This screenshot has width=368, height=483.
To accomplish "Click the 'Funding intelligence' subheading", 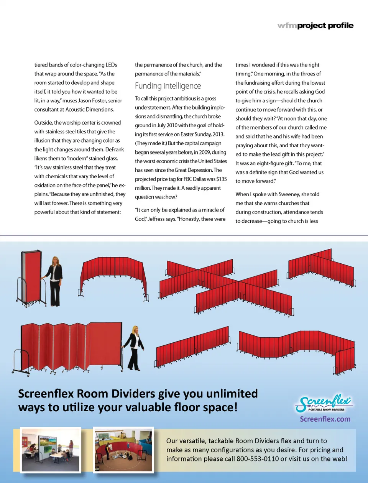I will click(x=168, y=86).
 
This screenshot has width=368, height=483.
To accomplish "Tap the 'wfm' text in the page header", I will click(x=287, y=26).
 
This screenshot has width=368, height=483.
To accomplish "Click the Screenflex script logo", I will click(x=324, y=401).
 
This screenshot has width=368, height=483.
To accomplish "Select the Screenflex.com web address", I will click(x=325, y=419).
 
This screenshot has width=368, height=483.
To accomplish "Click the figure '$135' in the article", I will click(x=222, y=179).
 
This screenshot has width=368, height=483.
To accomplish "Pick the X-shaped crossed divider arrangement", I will click(x=226, y=286).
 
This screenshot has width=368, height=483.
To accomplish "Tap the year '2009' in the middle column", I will click(x=204, y=152).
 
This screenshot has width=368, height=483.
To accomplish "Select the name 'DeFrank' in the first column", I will click(x=115, y=149).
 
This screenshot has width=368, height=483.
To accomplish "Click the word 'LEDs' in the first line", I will click(x=111, y=65).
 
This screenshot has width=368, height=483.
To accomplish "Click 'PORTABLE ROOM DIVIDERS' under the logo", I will click(x=326, y=410).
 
